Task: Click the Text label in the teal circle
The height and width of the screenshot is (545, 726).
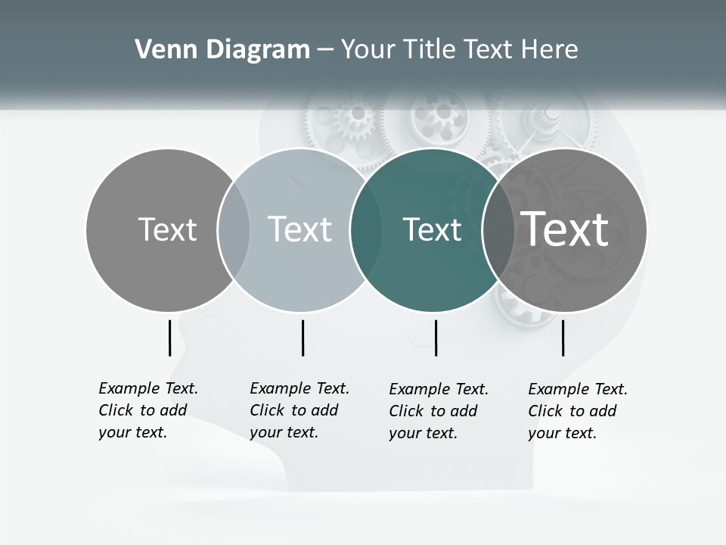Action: tap(432, 230)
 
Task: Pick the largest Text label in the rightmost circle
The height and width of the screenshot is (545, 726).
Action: tap(565, 229)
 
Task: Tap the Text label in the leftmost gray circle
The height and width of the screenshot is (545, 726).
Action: tap(167, 229)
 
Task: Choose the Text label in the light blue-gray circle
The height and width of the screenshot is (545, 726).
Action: tap(299, 229)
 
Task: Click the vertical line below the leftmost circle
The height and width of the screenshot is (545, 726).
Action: tap(169, 338)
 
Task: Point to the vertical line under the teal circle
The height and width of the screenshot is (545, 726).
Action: tap(436, 338)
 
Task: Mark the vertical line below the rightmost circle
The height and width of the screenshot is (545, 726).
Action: tap(563, 338)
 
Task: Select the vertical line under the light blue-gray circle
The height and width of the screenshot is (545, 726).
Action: tap(302, 338)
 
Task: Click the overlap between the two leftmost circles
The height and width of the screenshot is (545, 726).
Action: tap(233, 230)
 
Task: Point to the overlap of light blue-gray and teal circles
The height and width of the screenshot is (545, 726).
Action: tap(365, 230)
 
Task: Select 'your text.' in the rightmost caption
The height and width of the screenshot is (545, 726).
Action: tap(562, 434)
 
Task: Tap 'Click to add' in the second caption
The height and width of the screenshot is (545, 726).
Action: tap(293, 410)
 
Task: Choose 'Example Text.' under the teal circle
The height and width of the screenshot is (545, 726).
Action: tap(439, 390)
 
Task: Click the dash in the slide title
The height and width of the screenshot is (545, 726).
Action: tap(325, 50)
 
